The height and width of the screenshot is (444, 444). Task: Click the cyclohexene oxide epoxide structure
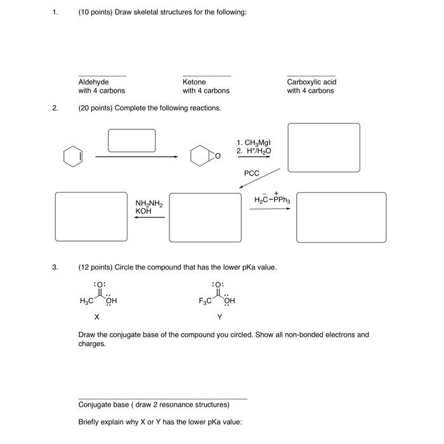pos(202,156)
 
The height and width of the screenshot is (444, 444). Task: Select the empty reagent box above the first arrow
pos(131,140)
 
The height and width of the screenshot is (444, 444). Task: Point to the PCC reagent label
pos(252,173)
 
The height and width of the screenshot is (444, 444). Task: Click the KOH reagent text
pos(143,211)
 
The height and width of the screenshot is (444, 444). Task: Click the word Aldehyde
pos(93,82)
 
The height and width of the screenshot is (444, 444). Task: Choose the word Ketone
pos(194,82)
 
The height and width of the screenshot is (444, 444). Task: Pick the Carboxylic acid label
pos(311,82)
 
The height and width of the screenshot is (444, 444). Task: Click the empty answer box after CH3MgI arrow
pos(323,147)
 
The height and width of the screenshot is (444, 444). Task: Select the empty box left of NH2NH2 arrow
pos(91,217)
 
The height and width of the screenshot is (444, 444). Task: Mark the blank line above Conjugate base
pos(162,398)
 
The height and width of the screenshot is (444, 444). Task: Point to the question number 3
pos(55,267)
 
